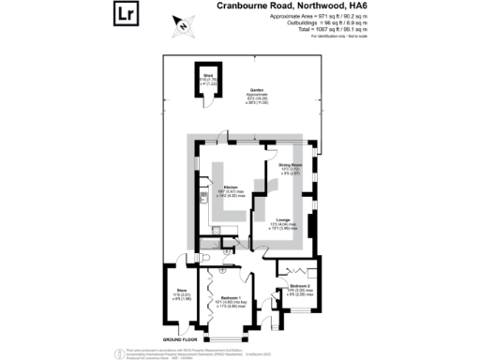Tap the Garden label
coord(256,90)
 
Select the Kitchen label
coord(229,187)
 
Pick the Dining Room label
coord(293,165)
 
